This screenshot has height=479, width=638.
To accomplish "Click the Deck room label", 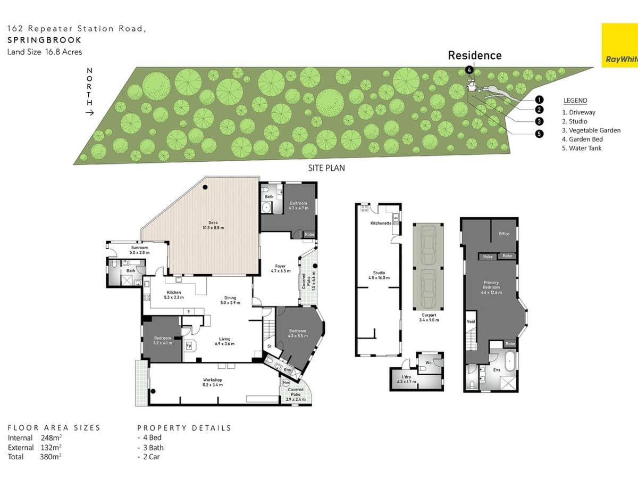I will click(x=213, y=226).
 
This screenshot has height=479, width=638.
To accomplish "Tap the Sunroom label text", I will click(x=140, y=250).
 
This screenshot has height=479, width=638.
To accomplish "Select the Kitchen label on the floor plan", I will click(x=174, y=295).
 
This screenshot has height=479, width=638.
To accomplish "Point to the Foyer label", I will click(x=281, y=269).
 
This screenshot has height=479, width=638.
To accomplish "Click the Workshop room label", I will click(x=212, y=382).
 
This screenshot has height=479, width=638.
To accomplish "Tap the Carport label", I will click(x=429, y=318).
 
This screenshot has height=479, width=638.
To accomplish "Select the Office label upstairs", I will click(x=504, y=234).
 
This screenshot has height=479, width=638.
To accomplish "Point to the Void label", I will click(x=471, y=321).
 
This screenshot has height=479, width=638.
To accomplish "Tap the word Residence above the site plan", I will click(x=474, y=55).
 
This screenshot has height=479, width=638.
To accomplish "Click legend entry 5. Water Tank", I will click(x=582, y=148).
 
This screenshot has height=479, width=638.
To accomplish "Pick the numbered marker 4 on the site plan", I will click(x=469, y=70).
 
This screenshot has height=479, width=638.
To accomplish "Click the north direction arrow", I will click(x=89, y=112).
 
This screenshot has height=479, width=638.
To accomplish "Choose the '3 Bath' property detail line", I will click(x=150, y=448).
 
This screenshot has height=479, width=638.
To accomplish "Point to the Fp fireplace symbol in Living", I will click(x=189, y=345).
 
